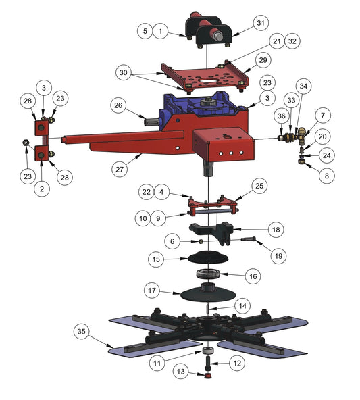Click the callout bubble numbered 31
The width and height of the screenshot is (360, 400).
coord(261,23)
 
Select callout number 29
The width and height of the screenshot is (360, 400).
coord(263,60)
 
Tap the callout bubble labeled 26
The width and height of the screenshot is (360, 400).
coord(118,105)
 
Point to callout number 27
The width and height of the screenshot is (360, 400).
coord(120,169)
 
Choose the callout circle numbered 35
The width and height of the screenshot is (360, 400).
coord(81,331)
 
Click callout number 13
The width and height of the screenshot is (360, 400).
coord(181,371)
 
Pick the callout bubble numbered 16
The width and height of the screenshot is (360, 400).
coord(253,276)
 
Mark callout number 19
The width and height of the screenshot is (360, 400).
coord(278,255)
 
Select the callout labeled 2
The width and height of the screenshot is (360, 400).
coord(42,189)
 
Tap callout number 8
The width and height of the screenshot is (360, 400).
coord(327,176)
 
